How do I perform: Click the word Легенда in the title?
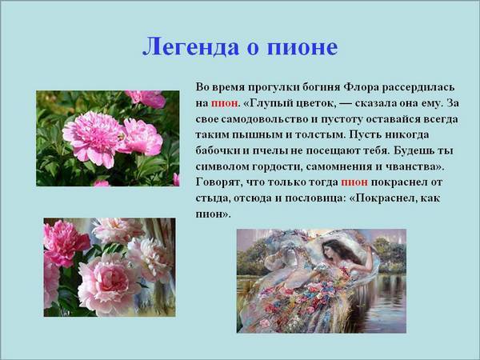coord(190,47)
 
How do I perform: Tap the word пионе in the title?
coord(302,48)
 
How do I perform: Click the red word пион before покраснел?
coord(354,182)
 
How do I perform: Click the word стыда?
coord(213,198)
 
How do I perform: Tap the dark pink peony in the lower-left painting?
coord(66,242)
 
